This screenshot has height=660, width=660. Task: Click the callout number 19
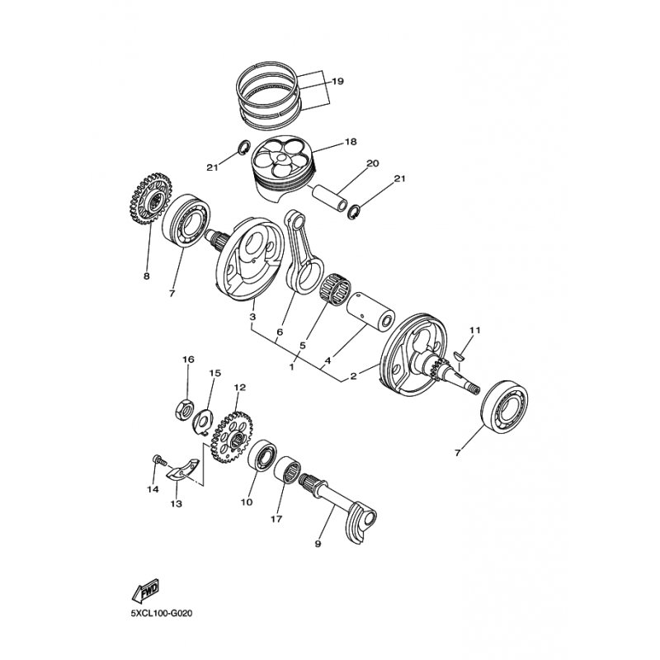point(337,81)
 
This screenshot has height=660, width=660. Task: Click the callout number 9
point(319,544)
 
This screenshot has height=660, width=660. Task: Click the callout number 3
point(252,317)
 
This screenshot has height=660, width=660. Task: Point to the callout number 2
point(353,376)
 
